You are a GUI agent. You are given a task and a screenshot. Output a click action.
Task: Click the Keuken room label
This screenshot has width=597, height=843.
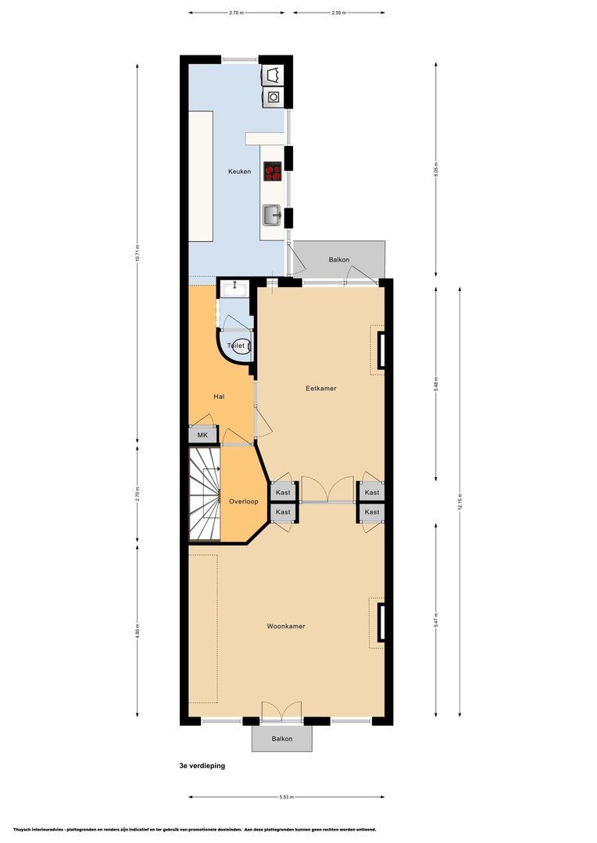pos(239,171)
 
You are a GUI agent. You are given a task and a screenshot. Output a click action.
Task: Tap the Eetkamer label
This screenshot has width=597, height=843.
pos(321,388)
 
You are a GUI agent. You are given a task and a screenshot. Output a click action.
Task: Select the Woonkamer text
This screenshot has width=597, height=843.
pos(285,626)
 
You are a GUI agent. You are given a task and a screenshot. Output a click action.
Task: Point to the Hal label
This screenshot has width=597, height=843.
pos(220,397)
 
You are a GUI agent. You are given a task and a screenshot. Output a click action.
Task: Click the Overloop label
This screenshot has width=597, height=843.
pos(243,501)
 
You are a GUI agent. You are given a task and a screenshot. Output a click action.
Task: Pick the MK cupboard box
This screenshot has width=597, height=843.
pos(202,436)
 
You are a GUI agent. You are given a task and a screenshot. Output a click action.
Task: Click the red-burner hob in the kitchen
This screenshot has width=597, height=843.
pos(273,171)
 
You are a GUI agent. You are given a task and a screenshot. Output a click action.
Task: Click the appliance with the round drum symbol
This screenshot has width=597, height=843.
pos(274,98)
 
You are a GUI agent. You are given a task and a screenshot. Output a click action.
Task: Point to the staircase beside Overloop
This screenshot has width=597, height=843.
pos(205,495)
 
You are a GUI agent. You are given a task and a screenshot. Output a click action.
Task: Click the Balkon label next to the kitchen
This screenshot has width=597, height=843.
pos(338,260)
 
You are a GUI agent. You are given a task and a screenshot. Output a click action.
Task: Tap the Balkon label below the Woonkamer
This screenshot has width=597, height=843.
pos(281,738)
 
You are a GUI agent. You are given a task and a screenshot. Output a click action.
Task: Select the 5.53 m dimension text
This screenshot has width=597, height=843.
pos(286,797)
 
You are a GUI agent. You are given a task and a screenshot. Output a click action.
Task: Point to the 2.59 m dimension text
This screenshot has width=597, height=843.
pos(339,13)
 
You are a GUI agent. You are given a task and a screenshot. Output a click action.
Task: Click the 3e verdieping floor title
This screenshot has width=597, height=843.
pos(202,766)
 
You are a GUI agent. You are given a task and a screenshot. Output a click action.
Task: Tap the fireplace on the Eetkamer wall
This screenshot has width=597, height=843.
pos(381,350)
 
